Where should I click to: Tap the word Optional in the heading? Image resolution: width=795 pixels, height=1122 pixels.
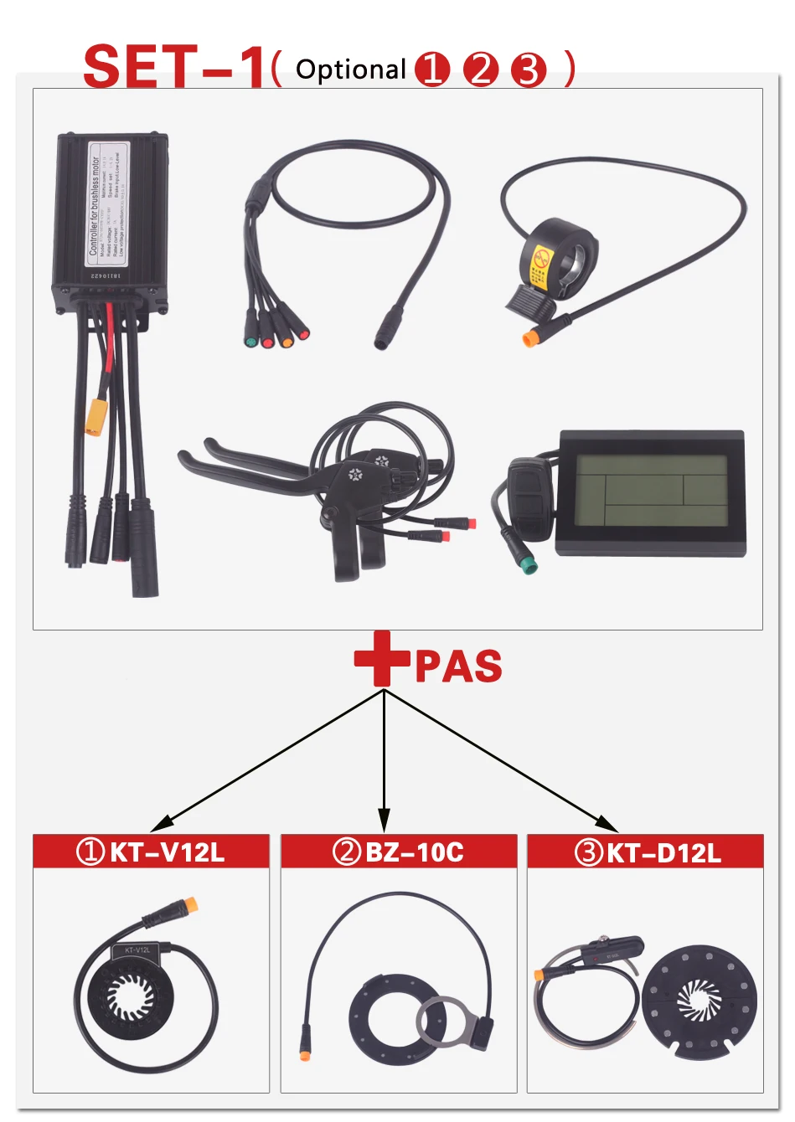tap(351, 69)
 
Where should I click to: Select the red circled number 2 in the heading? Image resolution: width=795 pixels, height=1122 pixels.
tap(481, 69)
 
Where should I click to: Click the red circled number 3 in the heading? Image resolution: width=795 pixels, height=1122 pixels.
tap(529, 69)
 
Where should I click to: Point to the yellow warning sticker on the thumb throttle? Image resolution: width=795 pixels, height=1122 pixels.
tap(541, 266)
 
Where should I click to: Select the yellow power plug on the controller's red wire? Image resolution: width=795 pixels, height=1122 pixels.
tap(96, 417)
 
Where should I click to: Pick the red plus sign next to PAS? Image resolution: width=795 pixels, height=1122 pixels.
tap(382, 659)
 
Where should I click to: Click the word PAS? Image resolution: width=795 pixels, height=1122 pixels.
tap(459, 667)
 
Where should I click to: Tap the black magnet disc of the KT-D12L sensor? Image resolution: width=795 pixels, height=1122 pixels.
tap(699, 997)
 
